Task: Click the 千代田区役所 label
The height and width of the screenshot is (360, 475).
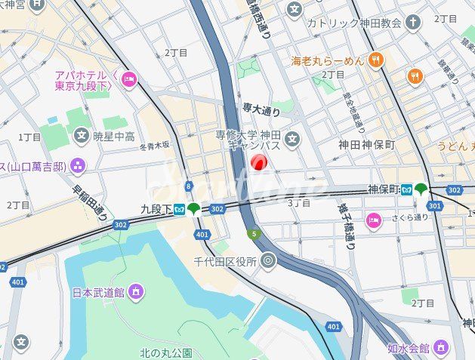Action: [225, 263]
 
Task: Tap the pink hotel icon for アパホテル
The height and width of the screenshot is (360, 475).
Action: [128, 78]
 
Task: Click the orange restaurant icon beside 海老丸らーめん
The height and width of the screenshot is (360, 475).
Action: [376, 59]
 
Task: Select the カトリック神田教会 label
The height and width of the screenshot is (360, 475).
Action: [353, 23]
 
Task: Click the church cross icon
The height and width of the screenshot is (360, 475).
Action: [412, 22]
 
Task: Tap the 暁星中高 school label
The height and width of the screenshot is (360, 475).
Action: [114, 137]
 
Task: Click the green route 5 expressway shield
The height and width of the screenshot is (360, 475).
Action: [255, 234]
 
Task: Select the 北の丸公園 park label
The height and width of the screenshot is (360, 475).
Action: [166, 352]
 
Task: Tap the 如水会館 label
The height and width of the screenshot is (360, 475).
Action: [408, 348]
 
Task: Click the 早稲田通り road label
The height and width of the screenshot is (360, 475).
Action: [90, 203]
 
